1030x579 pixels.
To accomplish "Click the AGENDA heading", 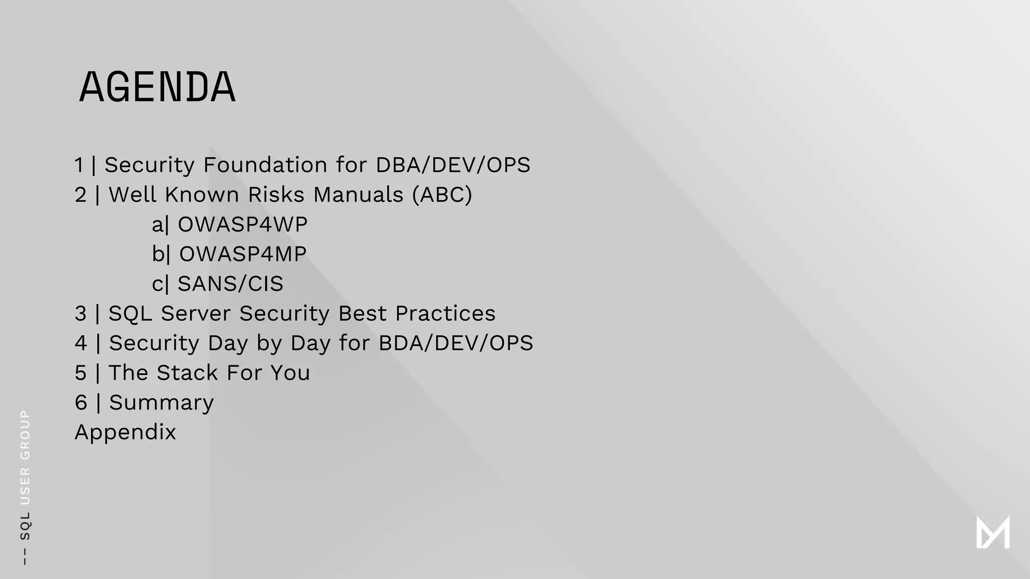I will [157, 87].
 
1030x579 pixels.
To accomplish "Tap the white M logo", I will [993, 532].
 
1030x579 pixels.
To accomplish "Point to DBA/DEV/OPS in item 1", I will [453, 165].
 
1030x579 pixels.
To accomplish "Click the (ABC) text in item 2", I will [442, 195].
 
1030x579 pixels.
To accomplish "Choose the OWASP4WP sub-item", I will [242, 224].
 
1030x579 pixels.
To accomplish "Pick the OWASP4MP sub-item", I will [242, 254].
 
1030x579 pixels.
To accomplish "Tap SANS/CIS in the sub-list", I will [230, 283].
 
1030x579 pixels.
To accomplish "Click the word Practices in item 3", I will [445, 313].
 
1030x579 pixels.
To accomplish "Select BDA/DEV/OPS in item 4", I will [456, 343].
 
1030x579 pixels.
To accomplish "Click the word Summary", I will [161, 402].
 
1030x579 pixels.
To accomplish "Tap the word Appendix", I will [125, 432].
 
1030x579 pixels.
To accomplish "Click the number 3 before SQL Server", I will [80, 313].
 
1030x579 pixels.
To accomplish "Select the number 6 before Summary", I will [80, 402].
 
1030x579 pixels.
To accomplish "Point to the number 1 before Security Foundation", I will [79, 165].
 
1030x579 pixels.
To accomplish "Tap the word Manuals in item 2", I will [358, 195].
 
